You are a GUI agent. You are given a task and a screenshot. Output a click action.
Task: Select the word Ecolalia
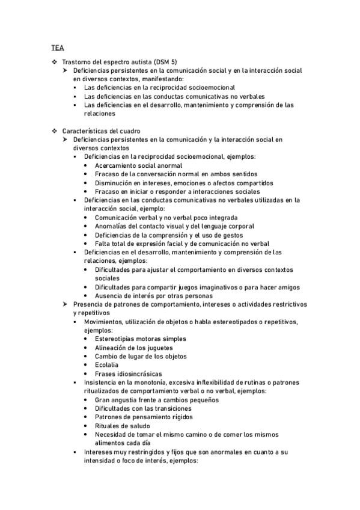[x=106, y=364]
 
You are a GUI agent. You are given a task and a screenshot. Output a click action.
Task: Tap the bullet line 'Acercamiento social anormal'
[x=134, y=165]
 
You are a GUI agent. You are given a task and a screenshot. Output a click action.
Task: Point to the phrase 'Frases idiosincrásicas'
[x=127, y=373]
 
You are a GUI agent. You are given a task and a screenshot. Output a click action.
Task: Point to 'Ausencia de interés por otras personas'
[x=153, y=295]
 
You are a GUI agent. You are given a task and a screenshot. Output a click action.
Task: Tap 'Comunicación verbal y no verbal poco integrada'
[x=166, y=217]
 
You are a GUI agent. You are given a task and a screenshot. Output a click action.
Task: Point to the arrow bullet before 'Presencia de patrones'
[x=66, y=304]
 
